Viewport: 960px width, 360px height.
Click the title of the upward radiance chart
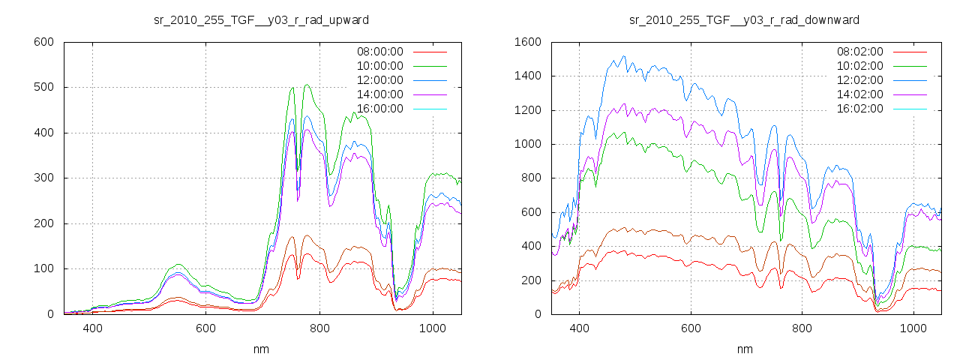point(261,19)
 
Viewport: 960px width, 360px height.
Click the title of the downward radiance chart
point(744,19)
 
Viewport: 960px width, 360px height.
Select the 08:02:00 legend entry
point(859,52)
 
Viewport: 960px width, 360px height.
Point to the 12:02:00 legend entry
point(859,80)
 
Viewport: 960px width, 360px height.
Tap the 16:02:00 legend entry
point(859,109)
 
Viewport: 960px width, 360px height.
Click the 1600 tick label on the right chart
point(528,42)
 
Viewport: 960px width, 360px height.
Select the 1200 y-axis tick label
point(528,110)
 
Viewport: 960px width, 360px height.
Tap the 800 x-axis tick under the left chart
point(319,328)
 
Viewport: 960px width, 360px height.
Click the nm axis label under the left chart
point(262,349)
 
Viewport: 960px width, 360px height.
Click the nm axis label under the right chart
point(745,349)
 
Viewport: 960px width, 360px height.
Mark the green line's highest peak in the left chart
point(307,85)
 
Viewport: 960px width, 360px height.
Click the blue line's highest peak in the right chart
point(622,56)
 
